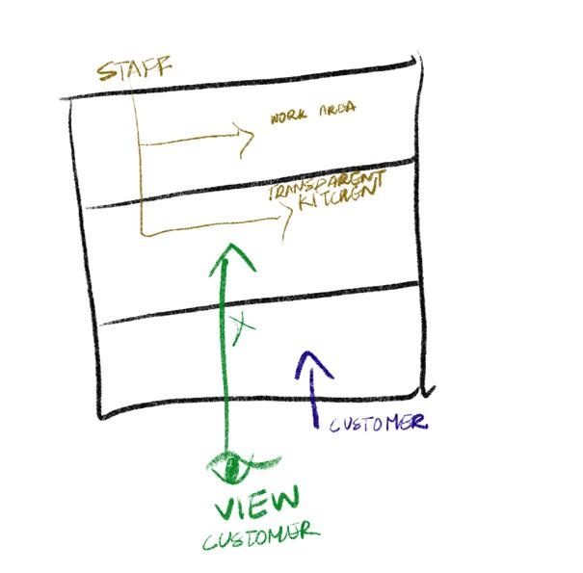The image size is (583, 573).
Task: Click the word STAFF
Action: (134, 70)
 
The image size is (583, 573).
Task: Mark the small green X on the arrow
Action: (241, 328)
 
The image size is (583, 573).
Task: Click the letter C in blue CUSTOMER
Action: (336, 426)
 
